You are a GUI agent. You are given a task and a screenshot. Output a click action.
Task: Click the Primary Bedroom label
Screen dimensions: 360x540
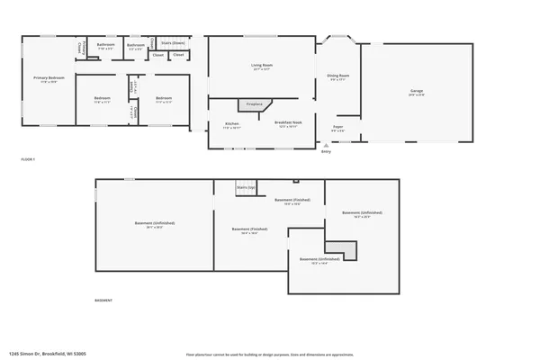(x=49, y=79)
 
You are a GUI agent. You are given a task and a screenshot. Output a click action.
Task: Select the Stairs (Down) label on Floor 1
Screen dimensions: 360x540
(x=172, y=42)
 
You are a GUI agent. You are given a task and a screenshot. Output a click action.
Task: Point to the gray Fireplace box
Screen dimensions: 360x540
(x=255, y=105)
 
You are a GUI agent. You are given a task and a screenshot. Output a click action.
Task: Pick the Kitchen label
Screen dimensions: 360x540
(x=231, y=124)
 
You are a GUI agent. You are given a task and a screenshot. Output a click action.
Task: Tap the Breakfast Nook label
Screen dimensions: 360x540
(x=286, y=124)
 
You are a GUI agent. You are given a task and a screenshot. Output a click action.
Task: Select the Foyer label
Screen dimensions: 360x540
(x=338, y=129)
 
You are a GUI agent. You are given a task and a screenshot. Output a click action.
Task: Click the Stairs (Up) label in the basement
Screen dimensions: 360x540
(x=246, y=186)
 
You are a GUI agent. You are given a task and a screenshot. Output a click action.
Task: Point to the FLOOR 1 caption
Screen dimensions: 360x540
(x=27, y=159)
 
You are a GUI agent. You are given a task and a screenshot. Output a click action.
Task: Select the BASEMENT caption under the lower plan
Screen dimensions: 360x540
(x=104, y=300)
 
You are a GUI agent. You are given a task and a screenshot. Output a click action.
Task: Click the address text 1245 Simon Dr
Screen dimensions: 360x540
(x=47, y=355)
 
